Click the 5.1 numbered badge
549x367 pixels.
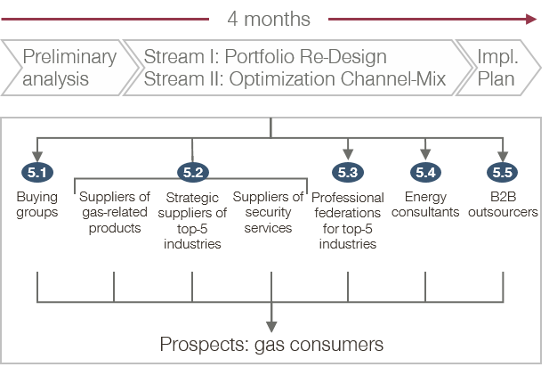(x=37, y=173)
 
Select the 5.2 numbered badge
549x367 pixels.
(x=193, y=173)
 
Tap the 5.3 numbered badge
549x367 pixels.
(x=348, y=173)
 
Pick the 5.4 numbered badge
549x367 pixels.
(x=425, y=173)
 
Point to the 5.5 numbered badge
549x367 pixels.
(x=503, y=173)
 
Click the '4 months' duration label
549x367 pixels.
(x=269, y=19)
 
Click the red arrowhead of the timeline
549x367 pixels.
(x=531, y=19)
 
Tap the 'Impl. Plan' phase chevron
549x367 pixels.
(x=498, y=68)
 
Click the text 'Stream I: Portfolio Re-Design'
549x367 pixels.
(x=265, y=56)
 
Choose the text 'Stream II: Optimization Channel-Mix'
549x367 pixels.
(x=295, y=79)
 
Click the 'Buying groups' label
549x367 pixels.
(x=37, y=204)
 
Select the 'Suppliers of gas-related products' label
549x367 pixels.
(x=115, y=212)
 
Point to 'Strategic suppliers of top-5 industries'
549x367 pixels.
(x=192, y=221)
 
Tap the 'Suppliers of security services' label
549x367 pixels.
(x=268, y=212)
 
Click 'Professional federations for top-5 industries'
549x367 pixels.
(x=348, y=221)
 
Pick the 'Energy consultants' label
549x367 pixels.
(x=425, y=204)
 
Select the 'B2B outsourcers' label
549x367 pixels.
(x=503, y=204)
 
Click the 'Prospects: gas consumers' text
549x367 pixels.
(x=271, y=344)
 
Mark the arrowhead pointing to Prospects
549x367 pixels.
(x=271, y=327)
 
